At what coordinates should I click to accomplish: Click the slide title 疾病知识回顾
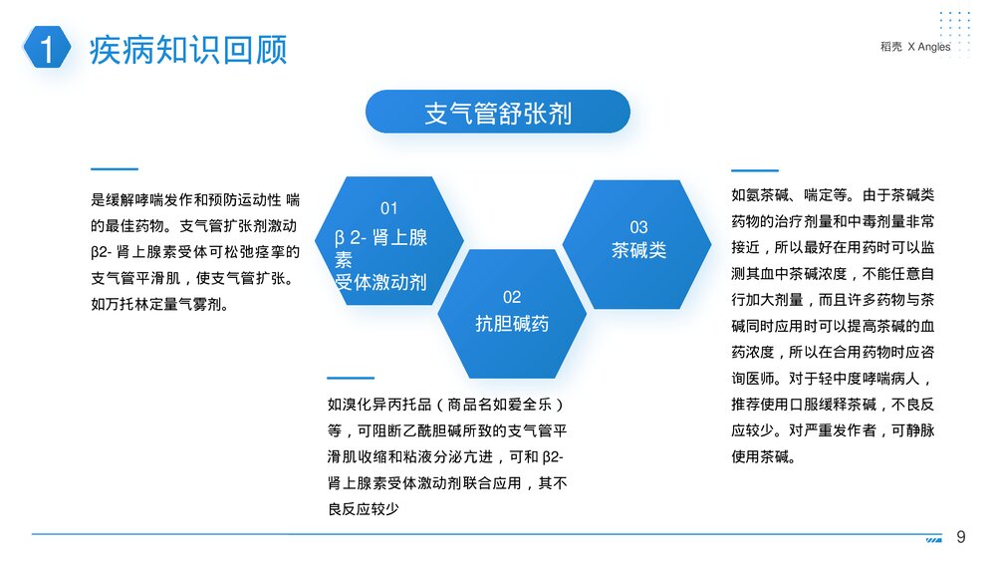[x=188, y=49]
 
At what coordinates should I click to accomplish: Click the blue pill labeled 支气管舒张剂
[x=498, y=112]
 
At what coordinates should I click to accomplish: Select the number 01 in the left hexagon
[x=388, y=208]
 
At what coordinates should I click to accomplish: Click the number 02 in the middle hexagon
[x=511, y=297]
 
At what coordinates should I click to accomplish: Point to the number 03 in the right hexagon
[x=638, y=227]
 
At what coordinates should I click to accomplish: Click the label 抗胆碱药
[x=511, y=324]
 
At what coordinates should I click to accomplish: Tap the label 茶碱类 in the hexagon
[x=638, y=250]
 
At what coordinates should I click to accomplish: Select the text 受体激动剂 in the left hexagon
[x=380, y=282]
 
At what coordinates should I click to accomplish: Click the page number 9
[x=961, y=537]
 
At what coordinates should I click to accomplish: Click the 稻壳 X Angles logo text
[x=915, y=46]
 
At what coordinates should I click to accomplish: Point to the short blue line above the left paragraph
[x=114, y=169]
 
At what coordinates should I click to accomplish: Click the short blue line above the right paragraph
[x=754, y=170]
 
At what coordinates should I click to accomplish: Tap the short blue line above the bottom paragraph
[x=350, y=378]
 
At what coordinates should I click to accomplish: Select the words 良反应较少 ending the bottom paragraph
[x=364, y=509]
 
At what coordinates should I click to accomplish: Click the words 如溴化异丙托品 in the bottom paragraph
[x=375, y=405]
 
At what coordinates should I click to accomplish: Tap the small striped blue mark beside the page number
[x=933, y=539]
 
